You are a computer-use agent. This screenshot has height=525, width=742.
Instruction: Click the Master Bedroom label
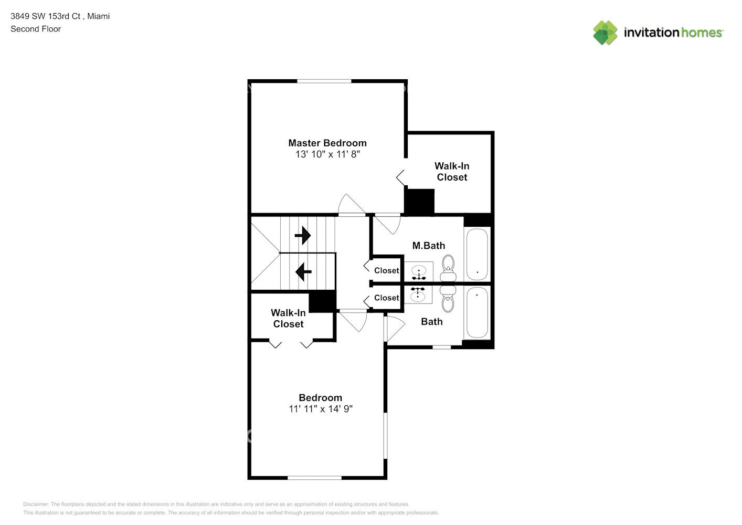point(327,143)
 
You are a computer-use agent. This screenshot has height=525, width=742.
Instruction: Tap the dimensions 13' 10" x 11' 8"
point(327,154)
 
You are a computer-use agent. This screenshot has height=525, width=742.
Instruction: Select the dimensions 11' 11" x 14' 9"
point(321,409)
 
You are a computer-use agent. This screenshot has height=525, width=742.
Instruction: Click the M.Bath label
point(428,246)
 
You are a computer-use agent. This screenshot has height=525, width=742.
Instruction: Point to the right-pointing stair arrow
point(303,236)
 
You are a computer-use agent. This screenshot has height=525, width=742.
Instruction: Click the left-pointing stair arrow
point(303,272)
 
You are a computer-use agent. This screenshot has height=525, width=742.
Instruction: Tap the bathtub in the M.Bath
point(477,254)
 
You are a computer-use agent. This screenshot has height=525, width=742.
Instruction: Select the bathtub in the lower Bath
point(477,312)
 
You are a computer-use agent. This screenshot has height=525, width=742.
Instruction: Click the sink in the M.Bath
point(418,272)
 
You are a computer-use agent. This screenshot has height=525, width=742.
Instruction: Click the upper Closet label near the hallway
point(386,271)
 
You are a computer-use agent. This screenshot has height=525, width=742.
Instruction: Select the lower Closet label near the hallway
point(386,298)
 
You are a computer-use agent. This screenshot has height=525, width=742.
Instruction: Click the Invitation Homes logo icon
point(605,33)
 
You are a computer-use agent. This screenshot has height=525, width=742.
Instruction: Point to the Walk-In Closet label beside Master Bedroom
point(452,172)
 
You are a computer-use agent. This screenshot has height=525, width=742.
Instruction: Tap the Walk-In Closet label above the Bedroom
point(288,319)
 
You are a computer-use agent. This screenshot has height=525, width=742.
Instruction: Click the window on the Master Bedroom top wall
point(324,81)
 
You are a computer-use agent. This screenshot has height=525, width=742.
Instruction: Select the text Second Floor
point(36,29)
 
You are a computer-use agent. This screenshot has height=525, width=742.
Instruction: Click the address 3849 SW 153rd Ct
point(46,16)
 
